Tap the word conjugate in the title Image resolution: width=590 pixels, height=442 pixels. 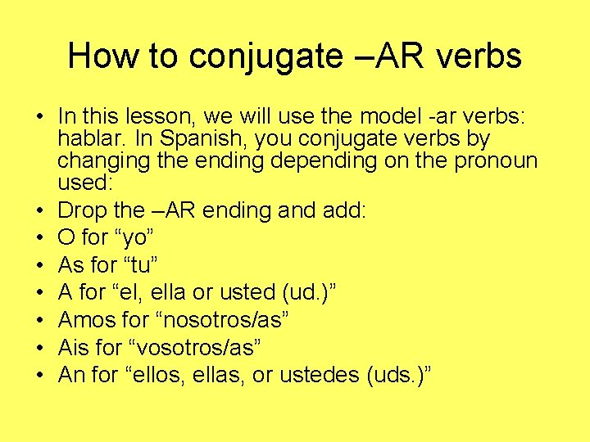pos(265,57)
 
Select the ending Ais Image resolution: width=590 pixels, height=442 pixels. pos(75,347)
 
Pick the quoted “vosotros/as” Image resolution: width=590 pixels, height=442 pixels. pos(195,347)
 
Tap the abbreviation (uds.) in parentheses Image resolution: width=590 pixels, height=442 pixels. pos(402,375)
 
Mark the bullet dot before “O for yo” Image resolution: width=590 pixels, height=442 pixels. pos(39,238)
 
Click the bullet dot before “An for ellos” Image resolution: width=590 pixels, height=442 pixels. pos(39,375)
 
